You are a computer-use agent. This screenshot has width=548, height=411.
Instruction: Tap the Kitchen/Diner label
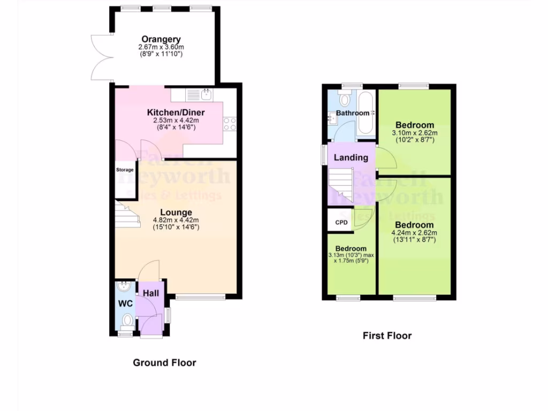(x=176, y=112)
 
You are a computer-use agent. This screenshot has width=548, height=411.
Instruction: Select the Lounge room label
(x=176, y=212)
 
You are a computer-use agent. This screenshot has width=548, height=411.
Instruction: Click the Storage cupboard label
(x=125, y=170)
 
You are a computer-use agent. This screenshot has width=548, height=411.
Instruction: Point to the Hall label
(x=150, y=293)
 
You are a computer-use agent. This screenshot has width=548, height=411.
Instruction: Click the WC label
(x=125, y=303)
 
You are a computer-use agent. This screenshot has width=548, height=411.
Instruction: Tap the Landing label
(x=351, y=157)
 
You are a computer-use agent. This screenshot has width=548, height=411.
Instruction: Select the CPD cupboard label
(x=341, y=222)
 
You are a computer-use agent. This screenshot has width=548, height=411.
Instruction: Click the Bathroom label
(x=353, y=113)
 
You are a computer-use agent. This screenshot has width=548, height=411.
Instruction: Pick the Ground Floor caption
(x=164, y=363)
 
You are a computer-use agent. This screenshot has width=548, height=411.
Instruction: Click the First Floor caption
(x=387, y=336)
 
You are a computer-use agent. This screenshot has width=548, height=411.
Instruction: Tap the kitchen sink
(x=206, y=94)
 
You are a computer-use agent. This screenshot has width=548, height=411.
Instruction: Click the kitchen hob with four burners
(x=230, y=125)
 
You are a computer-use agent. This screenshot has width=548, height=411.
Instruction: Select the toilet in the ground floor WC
(x=127, y=321)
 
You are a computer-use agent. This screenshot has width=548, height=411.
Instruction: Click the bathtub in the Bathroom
(x=367, y=113)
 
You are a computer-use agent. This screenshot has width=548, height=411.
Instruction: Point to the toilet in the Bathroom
(x=344, y=98)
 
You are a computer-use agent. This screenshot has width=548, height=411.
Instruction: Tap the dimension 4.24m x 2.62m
(x=414, y=233)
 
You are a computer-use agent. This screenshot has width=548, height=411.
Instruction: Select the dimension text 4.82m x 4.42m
(x=176, y=220)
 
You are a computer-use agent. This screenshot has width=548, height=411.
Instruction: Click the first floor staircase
(x=340, y=185)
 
